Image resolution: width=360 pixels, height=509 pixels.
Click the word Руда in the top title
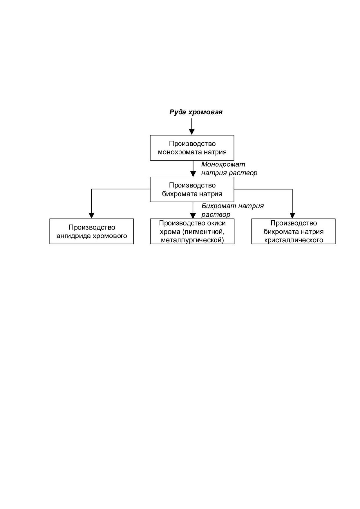point(178,112)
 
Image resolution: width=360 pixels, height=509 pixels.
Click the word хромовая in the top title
point(205,112)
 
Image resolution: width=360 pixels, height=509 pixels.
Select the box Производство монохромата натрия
point(192,148)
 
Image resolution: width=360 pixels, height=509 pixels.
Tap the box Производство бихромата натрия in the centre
point(192,189)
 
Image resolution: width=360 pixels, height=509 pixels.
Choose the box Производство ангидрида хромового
point(92,231)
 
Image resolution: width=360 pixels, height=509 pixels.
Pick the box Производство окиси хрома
point(192,231)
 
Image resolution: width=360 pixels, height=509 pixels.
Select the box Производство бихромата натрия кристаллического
point(293,231)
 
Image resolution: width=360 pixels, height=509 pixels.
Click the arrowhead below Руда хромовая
point(192,132)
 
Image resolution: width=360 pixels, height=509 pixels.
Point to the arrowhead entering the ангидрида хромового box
point(91,216)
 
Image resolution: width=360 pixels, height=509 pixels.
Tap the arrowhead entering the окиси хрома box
point(193,216)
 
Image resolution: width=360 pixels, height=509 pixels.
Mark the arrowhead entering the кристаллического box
point(292,216)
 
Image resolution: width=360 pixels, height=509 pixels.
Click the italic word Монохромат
point(223,164)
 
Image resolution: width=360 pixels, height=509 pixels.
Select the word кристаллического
point(294,240)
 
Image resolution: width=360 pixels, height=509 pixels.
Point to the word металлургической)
point(192,240)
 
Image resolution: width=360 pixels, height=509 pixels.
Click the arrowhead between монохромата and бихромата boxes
point(193,174)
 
